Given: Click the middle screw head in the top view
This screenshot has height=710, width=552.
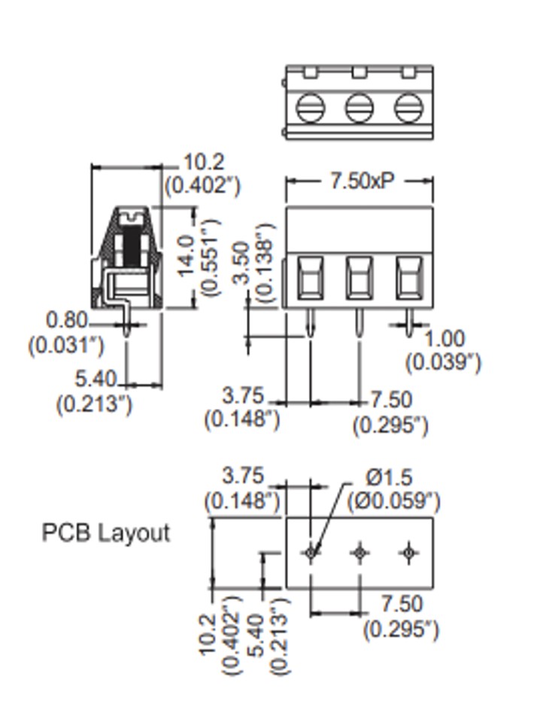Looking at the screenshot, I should tap(359, 108).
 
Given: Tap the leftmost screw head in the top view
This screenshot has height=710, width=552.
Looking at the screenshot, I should tap(310, 108).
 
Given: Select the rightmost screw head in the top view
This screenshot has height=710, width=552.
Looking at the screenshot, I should tap(408, 108).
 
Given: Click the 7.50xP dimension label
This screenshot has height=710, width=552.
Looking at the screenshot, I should tap(361, 181).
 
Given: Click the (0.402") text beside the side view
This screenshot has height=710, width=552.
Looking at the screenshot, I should tap(202, 184).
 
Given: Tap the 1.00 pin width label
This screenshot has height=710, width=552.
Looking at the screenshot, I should tap(444, 339).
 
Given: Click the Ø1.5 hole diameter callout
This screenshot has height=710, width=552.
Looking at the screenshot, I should tap(390, 477).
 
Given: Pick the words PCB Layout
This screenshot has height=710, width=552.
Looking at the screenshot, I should tap(106, 533).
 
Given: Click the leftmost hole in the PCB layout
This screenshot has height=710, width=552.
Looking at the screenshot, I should tap(311, 553).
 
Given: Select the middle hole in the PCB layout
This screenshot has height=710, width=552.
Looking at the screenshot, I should tap(359, 553).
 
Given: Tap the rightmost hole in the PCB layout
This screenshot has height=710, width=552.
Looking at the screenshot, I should tap(408, 553).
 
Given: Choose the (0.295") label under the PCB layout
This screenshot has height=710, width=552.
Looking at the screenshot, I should tap(401, 629).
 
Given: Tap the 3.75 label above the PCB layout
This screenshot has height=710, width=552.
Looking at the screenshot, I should tap(244, 477).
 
